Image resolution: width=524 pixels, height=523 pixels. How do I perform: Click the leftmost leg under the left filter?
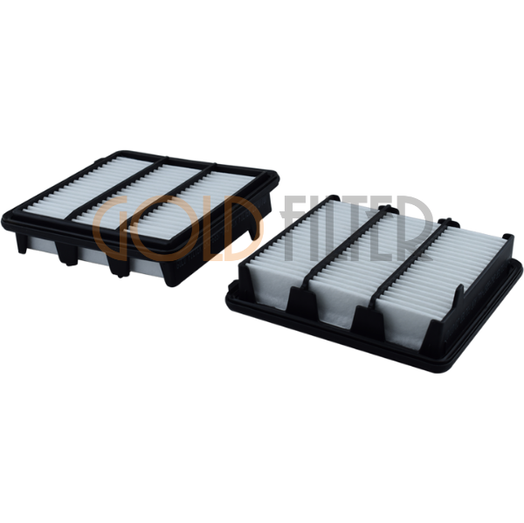point(21,242)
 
